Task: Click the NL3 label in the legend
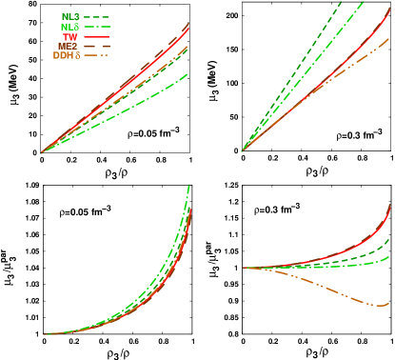[70, 16]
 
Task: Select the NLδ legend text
[70, 27]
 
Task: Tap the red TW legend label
[70, 36]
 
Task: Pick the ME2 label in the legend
[69, 46]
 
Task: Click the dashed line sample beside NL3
[97, 16]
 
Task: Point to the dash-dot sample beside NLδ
[97, 27]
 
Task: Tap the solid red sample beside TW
[97, 36]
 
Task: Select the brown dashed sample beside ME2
[97, 46]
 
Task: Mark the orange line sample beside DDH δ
[97, 55]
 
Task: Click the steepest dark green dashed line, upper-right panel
[314, 38]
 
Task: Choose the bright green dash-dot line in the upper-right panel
[333, 38]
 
